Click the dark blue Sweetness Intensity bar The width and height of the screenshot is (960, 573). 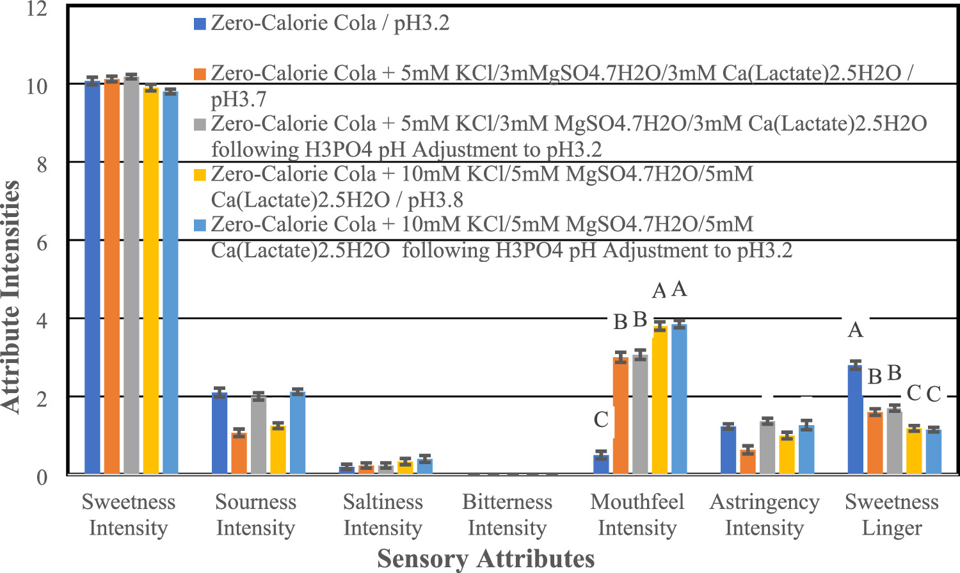92,278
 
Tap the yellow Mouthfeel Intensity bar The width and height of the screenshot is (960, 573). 660,400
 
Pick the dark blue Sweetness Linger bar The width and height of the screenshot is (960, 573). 855,419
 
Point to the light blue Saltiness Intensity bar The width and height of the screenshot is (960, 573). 424,465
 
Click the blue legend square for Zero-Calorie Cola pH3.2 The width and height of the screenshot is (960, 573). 200,24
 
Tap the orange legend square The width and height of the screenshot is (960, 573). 200,74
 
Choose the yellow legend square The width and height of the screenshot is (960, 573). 200,175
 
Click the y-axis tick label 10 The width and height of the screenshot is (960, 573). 36,86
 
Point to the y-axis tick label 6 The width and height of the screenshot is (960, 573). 42,243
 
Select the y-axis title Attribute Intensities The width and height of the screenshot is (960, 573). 11,296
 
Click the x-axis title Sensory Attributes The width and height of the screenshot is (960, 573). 486,558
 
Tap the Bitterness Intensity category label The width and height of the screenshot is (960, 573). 507,515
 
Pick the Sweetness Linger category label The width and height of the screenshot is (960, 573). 892,515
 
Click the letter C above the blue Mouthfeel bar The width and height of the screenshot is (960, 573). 601,420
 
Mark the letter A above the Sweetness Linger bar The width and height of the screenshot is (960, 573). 855,330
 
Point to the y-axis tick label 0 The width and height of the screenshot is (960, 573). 42,477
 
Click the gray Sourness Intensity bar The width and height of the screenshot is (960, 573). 258,435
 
